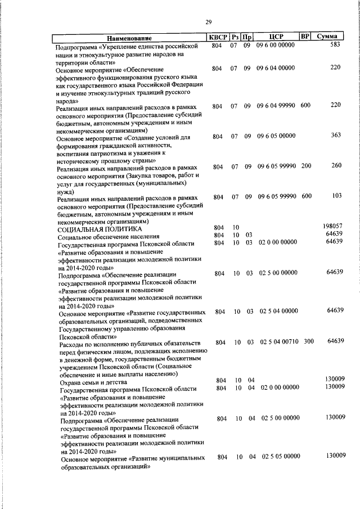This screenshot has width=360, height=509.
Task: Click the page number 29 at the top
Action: [208, 22]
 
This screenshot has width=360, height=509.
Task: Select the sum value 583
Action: [335, 44]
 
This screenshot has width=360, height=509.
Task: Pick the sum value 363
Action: [336, 136]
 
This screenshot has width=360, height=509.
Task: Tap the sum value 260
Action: [336, 166]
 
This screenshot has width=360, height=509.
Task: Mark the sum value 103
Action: [336, 196]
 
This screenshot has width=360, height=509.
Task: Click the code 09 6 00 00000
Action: [276, 45]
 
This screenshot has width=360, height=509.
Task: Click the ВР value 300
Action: [308, 341]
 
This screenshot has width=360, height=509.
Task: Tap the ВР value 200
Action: [305, 166]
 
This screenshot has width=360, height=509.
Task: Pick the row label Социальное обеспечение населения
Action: [109, 237]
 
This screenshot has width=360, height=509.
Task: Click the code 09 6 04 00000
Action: [276, 68]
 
